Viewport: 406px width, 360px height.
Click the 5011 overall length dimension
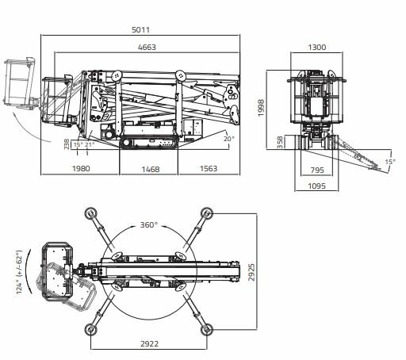(x=140, y=29)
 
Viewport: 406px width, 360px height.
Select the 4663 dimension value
(x=147, y=48)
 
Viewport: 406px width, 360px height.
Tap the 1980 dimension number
(x=81, y=168)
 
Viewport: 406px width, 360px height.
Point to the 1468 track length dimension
(x=151, y=169)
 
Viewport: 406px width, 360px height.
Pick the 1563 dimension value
(x=209, y=168)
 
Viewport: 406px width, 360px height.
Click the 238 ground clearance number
(x=67, y=144)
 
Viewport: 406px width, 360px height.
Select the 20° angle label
(x=229, y=139)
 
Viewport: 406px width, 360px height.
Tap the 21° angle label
(x=90, y=144)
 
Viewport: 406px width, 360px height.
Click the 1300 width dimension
(x=317, y=48)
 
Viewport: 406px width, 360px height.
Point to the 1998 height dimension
(x=261, y=108)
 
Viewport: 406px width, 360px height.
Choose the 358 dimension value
(x=280, y=142)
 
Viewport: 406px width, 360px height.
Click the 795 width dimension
(x=317, y=170)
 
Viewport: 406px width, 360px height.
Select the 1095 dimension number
(x=317, y=186)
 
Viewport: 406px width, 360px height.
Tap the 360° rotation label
(x=149, y=225)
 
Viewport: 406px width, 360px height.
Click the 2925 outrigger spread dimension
(x=251, y=272)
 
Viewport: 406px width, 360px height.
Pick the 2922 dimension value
(x=150, y=343)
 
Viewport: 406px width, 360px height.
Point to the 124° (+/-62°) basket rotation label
(x=19, y=272)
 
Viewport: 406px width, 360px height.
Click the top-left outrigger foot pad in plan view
(x=91, y=213)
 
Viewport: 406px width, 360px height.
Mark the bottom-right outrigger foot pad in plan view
(x=207, y=330)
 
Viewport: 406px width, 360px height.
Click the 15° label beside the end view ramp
(x=390, y=162)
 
